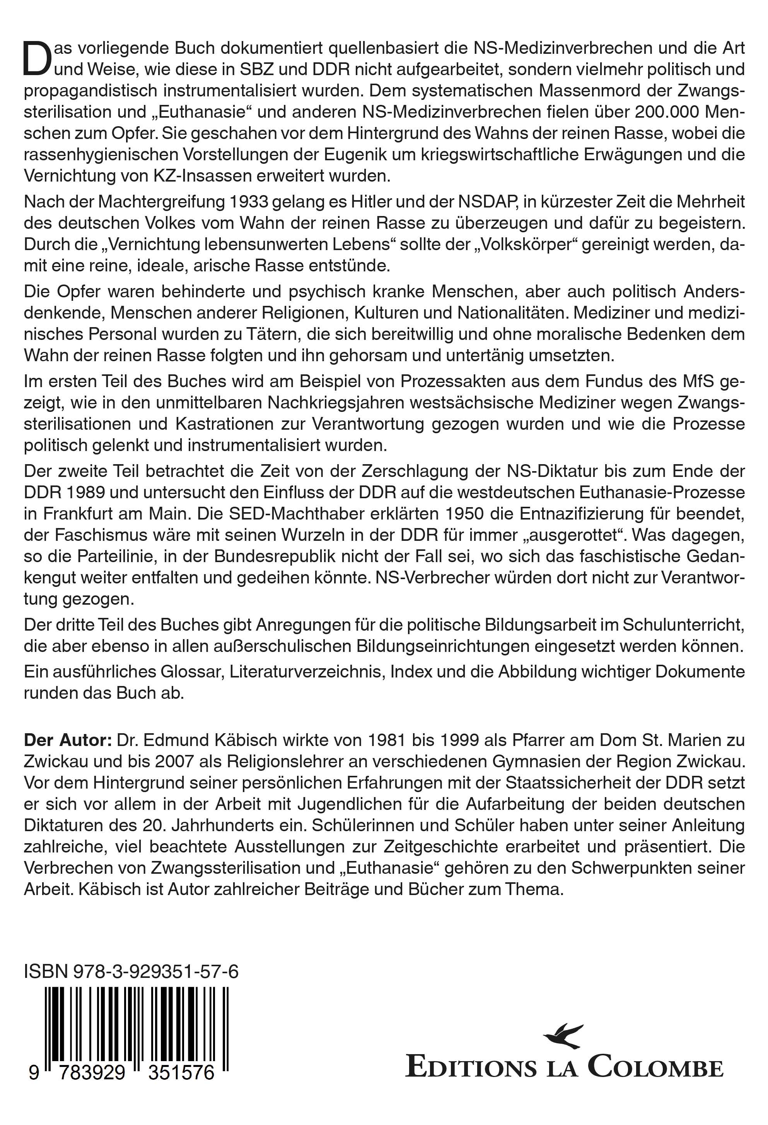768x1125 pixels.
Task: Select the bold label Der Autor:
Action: coord(68,740)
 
